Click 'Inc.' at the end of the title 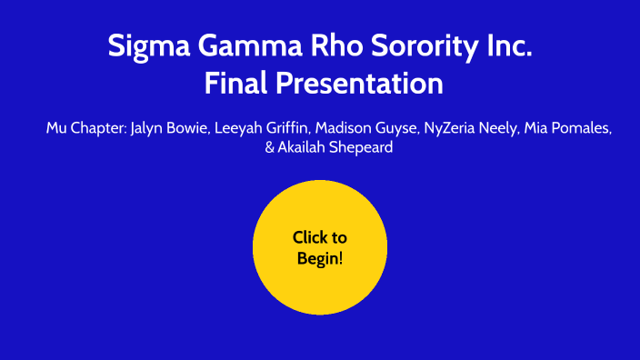tap(507, 45)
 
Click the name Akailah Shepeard tap(335, 147)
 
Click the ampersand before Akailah tap(269, 147)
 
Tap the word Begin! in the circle tap(320, 258)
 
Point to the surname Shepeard tap(361, 147)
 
